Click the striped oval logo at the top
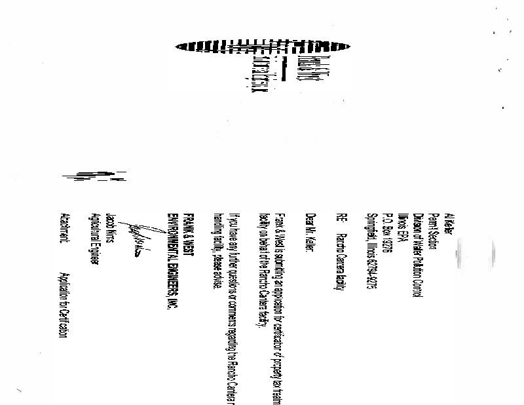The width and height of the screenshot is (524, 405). pos(263,46)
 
